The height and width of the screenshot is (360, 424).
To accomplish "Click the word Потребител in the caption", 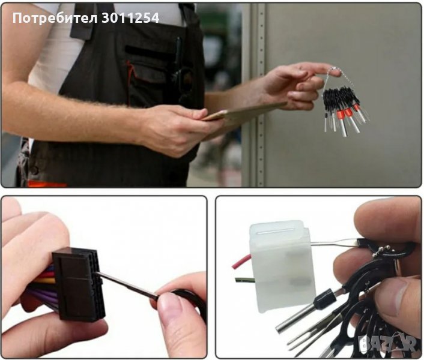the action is (x=55, y=19).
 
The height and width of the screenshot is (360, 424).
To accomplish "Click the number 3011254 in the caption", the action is (x=130, y=18).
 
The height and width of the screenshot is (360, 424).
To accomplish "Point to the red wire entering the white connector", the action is (x=241, y=261).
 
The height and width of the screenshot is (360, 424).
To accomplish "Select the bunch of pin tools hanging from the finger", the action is (x=345, y=108).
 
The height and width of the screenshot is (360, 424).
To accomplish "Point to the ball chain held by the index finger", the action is (x=339, y=77).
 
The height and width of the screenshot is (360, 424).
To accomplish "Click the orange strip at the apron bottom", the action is (x=47, y=184).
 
